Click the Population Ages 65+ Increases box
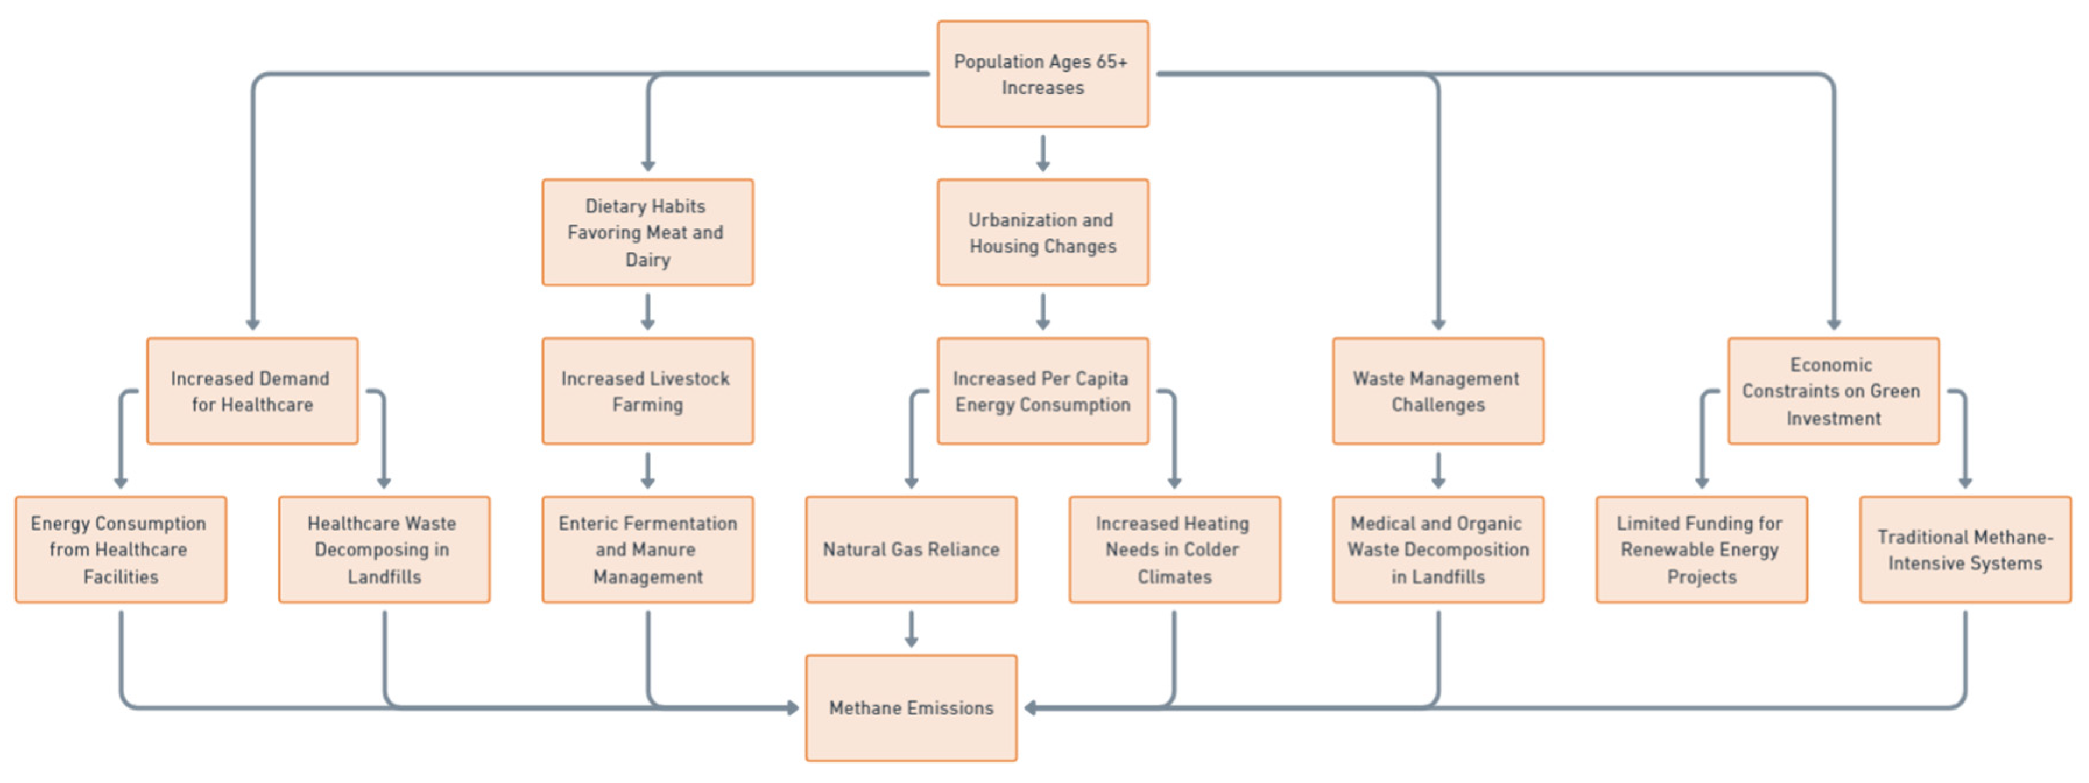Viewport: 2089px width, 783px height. (1043, 74)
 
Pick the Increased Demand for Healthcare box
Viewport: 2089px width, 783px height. (252, 390)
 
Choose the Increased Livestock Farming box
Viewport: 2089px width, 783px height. (647, 390)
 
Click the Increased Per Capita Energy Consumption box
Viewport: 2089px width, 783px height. (1043, 390)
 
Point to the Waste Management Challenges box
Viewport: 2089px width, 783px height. (1438, 390)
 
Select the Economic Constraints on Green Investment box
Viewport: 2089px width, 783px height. (1833, 390)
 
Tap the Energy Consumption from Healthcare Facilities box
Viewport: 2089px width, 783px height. (121, 549)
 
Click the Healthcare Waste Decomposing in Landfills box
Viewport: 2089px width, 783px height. (383, 549)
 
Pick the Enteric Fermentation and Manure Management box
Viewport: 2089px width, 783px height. (647, 549)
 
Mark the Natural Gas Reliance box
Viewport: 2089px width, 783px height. (911, 549)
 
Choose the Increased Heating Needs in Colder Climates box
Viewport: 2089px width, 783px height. (1174, 549)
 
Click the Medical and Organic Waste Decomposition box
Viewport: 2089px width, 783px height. (1438, 549)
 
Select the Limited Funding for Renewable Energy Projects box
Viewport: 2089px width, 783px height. (1702, 549)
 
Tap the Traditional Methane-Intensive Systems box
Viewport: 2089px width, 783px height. (1965, 549)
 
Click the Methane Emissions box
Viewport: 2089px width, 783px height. (911, 707)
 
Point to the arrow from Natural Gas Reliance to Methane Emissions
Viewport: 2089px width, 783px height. (911, 629)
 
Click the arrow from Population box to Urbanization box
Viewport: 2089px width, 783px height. (1043, 153)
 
